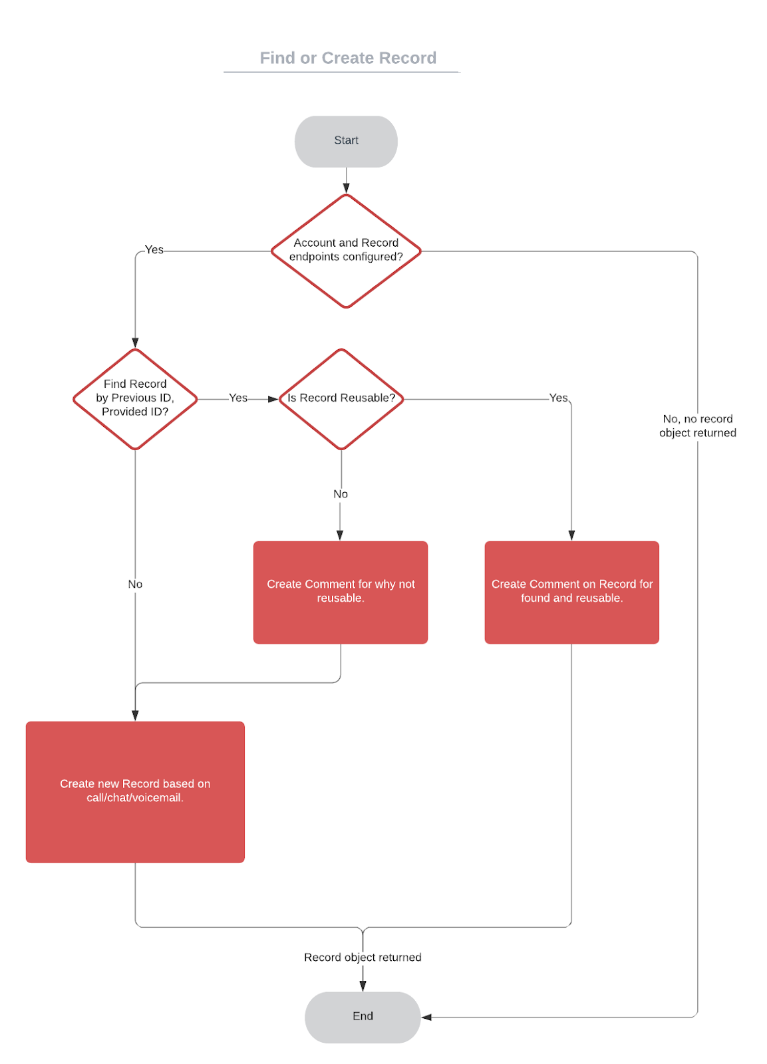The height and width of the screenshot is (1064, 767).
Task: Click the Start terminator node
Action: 346,141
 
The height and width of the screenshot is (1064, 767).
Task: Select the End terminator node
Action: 363,1016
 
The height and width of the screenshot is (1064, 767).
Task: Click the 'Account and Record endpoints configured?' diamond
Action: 346,251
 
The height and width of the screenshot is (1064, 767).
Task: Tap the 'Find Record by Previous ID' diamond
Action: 135,398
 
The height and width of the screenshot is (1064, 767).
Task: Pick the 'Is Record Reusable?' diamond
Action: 341,398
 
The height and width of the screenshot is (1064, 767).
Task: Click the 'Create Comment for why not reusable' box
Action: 341,591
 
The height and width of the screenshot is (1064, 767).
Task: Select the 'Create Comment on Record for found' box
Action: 571,591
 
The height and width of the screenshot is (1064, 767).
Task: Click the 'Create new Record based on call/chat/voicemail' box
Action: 135,791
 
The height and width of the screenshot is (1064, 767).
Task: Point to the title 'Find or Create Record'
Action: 348,58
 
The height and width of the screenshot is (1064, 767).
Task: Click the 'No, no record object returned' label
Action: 697,426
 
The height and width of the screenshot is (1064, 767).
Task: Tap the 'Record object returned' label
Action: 363,957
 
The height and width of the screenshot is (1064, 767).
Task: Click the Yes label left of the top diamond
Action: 154,249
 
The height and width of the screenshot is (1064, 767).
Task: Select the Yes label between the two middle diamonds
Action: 238,398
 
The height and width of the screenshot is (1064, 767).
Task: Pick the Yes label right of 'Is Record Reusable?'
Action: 558,398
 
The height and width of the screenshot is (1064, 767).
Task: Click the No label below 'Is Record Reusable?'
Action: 341,494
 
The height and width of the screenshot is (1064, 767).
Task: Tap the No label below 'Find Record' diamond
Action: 135,584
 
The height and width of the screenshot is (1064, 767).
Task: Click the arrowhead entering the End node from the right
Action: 426,1017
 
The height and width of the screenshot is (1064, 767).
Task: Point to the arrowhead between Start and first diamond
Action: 346,188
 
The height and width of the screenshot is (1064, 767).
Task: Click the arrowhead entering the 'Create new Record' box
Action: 135,716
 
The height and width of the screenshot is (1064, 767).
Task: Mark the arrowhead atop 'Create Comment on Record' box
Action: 571,535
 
